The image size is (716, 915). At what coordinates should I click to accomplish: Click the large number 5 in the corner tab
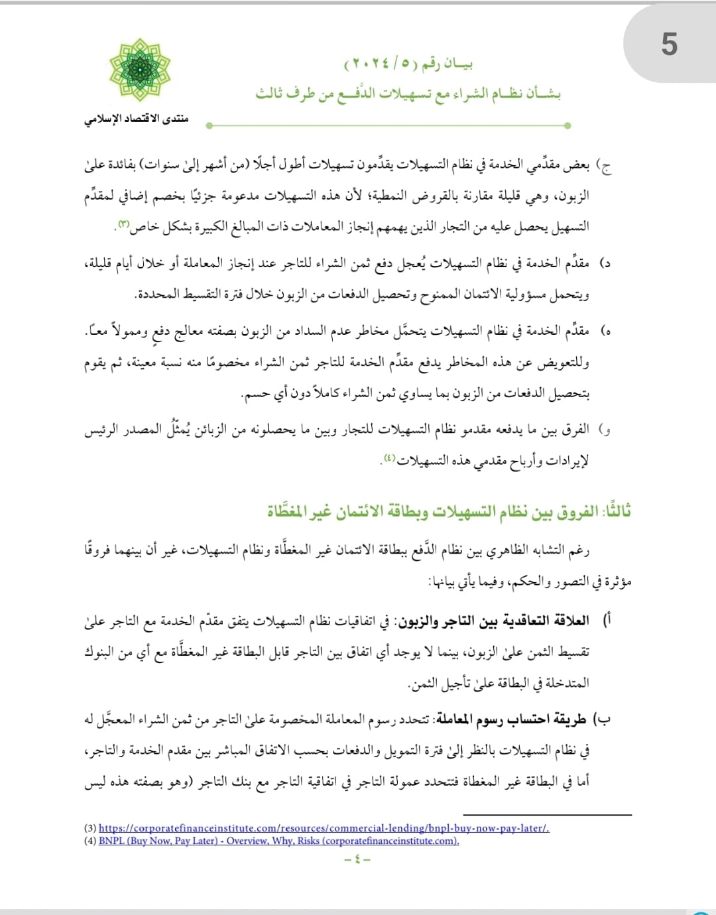pyautogui.click(x=669, y=45)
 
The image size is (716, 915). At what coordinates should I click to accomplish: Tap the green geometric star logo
pyautogui.click(x=140, y=70)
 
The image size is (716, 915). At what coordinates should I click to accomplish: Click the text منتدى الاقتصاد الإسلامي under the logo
pyautogui.click(x=137, y=119)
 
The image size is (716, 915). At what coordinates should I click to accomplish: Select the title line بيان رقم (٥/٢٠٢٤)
pyautogui.click(x=408, y=65)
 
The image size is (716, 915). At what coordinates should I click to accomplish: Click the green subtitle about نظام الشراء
pyautogui.click(x=408, y=93)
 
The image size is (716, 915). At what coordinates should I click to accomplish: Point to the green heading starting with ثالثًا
pyautogui.click(x=449, y=511)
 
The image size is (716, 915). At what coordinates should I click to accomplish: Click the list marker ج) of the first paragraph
pyautogui.click(x=604, y=165)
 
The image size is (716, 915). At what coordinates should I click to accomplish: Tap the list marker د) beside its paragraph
pyautogui.click(x=604, y=263)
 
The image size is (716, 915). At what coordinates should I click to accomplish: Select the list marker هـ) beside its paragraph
pyautogui.click(x=605, y=330)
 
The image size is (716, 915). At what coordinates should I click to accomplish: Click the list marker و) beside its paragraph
pyautogui.click(x=604, y=430)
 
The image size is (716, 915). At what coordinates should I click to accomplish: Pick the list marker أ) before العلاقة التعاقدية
pyautogui.click(x=606, y=621)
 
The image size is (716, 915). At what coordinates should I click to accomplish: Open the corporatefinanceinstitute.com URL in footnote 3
pyautogui.click(x=324, y=828)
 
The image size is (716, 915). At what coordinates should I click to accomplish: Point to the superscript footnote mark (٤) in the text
pyautogui.click(x=389, y=457)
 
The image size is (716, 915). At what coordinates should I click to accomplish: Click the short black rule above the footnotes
pyautogui.click(x=547, y=815)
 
